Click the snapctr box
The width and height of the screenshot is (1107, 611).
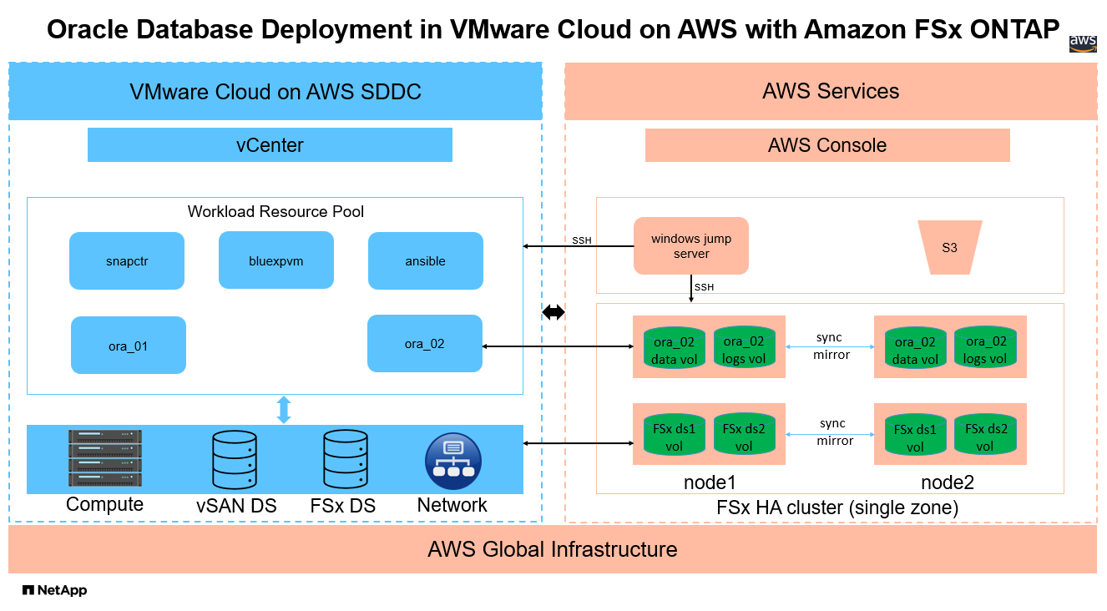[126, 261]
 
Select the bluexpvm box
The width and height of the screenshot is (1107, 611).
[275, 260]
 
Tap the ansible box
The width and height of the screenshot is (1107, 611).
[425, 260]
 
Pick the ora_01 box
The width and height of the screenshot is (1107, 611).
[128, 345]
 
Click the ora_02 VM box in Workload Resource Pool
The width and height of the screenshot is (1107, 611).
[424, 343]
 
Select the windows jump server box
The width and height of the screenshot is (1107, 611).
[690, 245]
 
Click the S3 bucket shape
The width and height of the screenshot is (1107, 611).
[949, 247]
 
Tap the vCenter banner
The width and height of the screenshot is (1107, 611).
[270, 145]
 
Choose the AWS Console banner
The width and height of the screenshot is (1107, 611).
[826, 145]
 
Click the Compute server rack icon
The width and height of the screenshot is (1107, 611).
[104, 458]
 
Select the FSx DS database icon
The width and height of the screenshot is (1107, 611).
[344, 459]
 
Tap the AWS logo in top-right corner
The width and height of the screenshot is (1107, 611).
[1083, 43]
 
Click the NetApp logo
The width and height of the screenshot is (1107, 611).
[54, 590]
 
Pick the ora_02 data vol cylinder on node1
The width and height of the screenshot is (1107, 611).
[674, 349]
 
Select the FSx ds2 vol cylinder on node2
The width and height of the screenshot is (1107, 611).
[985, 435]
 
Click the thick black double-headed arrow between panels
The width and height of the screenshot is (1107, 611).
[553, 312]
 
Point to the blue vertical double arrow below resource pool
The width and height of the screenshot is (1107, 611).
[284, 410]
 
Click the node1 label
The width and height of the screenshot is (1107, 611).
[710, 482]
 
